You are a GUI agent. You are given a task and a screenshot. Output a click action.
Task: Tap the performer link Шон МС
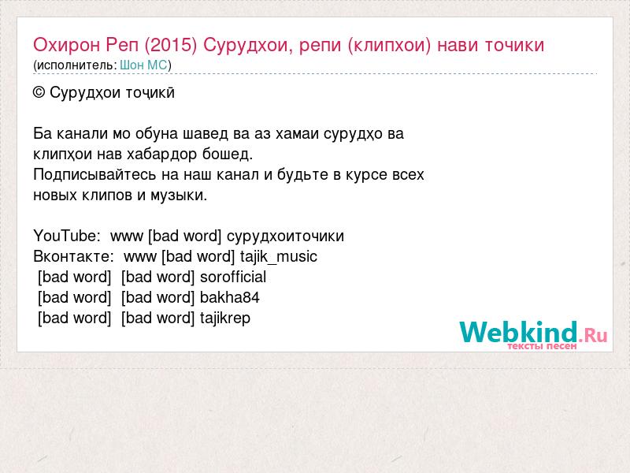(x=143, y=65)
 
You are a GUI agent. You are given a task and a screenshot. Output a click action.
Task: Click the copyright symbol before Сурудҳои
(x=39, y=93)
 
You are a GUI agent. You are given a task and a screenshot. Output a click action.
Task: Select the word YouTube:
(x=67, y=236)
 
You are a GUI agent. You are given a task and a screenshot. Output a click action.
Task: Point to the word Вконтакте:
(x=73, y=256)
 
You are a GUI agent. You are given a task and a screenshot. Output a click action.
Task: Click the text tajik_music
(x=279, y=257)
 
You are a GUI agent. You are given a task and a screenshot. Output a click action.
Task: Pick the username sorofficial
(x=233, y=277)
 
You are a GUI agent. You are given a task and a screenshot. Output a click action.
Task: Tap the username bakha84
(x=229, y=297)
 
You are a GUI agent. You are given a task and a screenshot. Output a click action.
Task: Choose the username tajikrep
(x=225, y=318)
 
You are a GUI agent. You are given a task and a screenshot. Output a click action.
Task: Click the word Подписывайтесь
(x=94, y=175)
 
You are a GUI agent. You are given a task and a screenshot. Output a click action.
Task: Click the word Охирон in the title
(x=66, y=45)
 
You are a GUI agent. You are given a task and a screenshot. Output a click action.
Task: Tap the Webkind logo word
(x=519, y=332)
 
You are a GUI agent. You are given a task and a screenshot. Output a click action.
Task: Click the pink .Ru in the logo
(x=593, y=334)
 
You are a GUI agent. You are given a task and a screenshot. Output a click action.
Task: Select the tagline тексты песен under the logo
(x=542, y=346)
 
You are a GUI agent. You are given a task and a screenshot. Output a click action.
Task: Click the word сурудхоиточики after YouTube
(x=285, y=236)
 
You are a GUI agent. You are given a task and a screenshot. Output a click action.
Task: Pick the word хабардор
(x=162, y=155)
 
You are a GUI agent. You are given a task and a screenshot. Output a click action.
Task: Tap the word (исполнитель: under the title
(x=75, y=65)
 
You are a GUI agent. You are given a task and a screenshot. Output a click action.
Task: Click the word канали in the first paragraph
(x=82, y=133)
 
